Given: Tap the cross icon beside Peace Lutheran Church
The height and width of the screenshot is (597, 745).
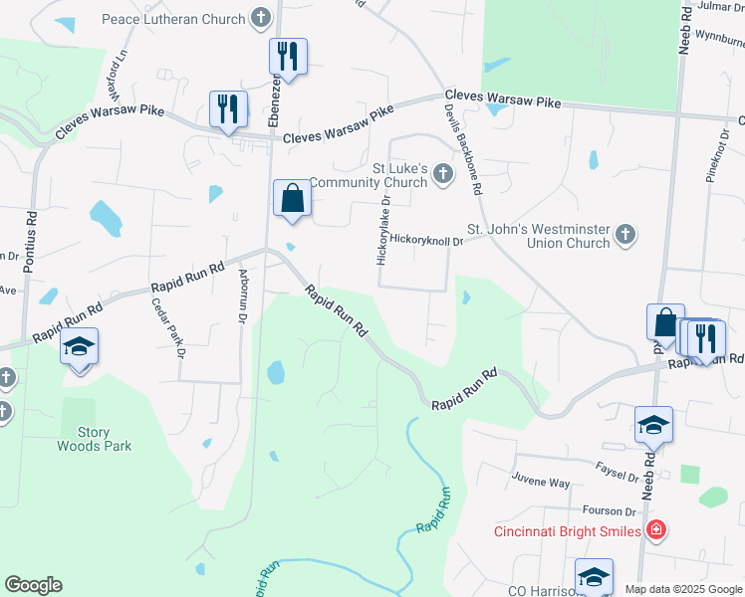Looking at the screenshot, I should click(261, 18).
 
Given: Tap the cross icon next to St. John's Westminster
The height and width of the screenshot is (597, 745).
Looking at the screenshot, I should click(624, 235).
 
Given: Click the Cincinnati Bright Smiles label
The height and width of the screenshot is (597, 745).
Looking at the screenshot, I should click(568, 531).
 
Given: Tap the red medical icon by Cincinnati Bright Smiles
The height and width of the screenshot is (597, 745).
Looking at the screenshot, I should click(655, 529).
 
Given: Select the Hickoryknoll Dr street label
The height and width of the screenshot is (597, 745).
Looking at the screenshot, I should click(427, 240).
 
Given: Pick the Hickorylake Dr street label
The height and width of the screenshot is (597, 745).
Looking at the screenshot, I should click(381, 230).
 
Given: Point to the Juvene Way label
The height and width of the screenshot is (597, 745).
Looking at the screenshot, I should click(541, 482).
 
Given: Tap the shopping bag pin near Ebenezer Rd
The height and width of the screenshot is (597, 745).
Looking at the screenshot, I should click(292, 197).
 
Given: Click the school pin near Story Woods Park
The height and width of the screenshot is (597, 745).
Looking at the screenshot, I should click(79, 347).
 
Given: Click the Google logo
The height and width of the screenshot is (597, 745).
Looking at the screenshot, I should click(33, 585).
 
